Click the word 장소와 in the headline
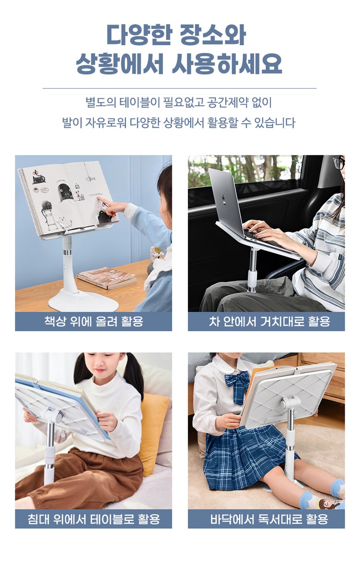213,35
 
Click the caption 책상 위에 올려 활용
94,321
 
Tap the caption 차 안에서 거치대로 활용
270,321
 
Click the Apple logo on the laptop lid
224,200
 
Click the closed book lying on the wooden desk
107,278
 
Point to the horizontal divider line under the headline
180,89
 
